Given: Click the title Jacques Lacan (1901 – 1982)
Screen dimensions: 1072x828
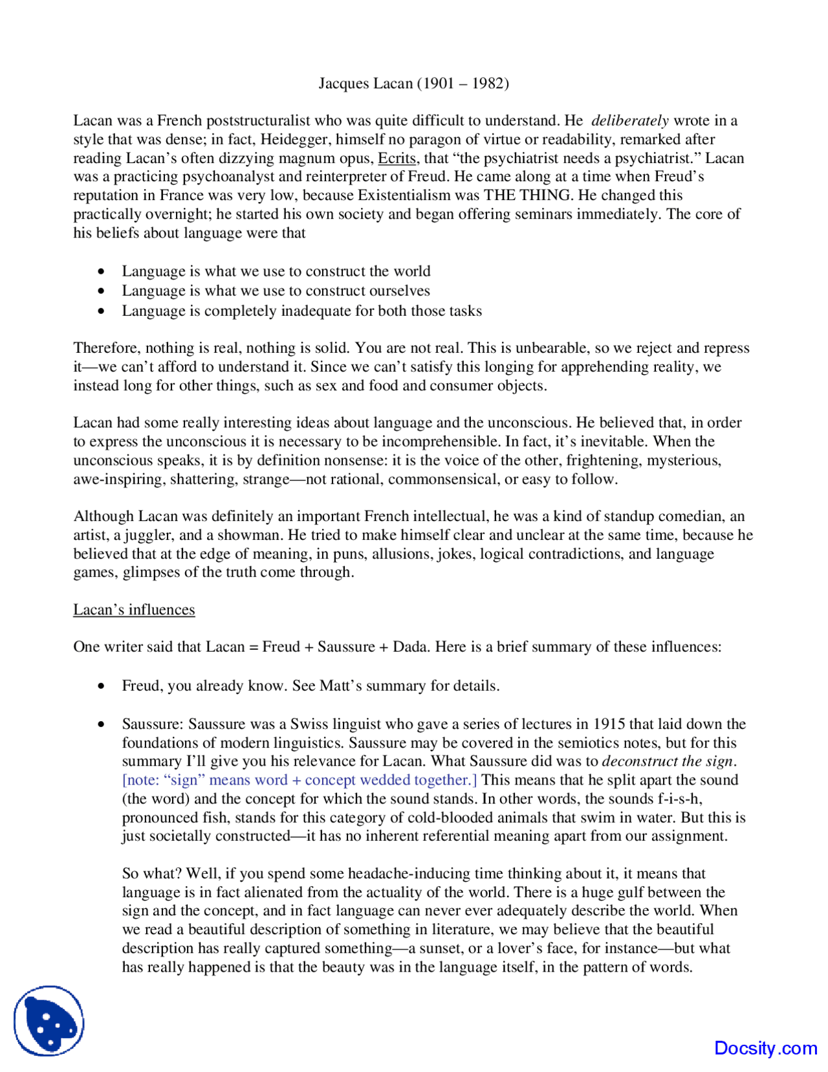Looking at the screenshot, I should coord(413,84).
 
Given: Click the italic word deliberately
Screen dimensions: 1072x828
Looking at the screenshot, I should coord(629,120).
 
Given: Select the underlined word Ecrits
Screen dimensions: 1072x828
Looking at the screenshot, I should coord(397,158).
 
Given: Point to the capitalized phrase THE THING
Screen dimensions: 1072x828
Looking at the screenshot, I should coord(528,195).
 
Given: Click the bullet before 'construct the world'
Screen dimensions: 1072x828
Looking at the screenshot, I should coord(101,272).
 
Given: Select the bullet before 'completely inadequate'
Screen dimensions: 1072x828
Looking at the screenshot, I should coord(101,311).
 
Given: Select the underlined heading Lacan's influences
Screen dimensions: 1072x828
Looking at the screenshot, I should coord(134,610).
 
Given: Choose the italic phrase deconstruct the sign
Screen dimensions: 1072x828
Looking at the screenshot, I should coord(668,761).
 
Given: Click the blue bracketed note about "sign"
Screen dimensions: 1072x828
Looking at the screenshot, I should coord(300,780).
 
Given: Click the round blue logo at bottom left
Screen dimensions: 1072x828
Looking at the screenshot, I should coord(49,1021).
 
